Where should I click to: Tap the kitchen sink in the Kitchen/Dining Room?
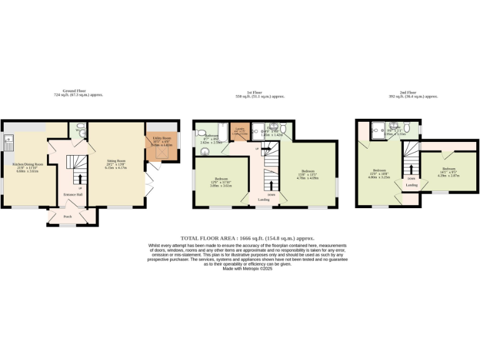(x=8, y=140)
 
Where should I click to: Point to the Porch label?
(x=67, y=217)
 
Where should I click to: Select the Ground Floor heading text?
(x=78, y=92)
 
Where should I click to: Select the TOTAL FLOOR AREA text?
(x=247, y=238)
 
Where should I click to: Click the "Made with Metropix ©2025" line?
(x=246, y=269)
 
